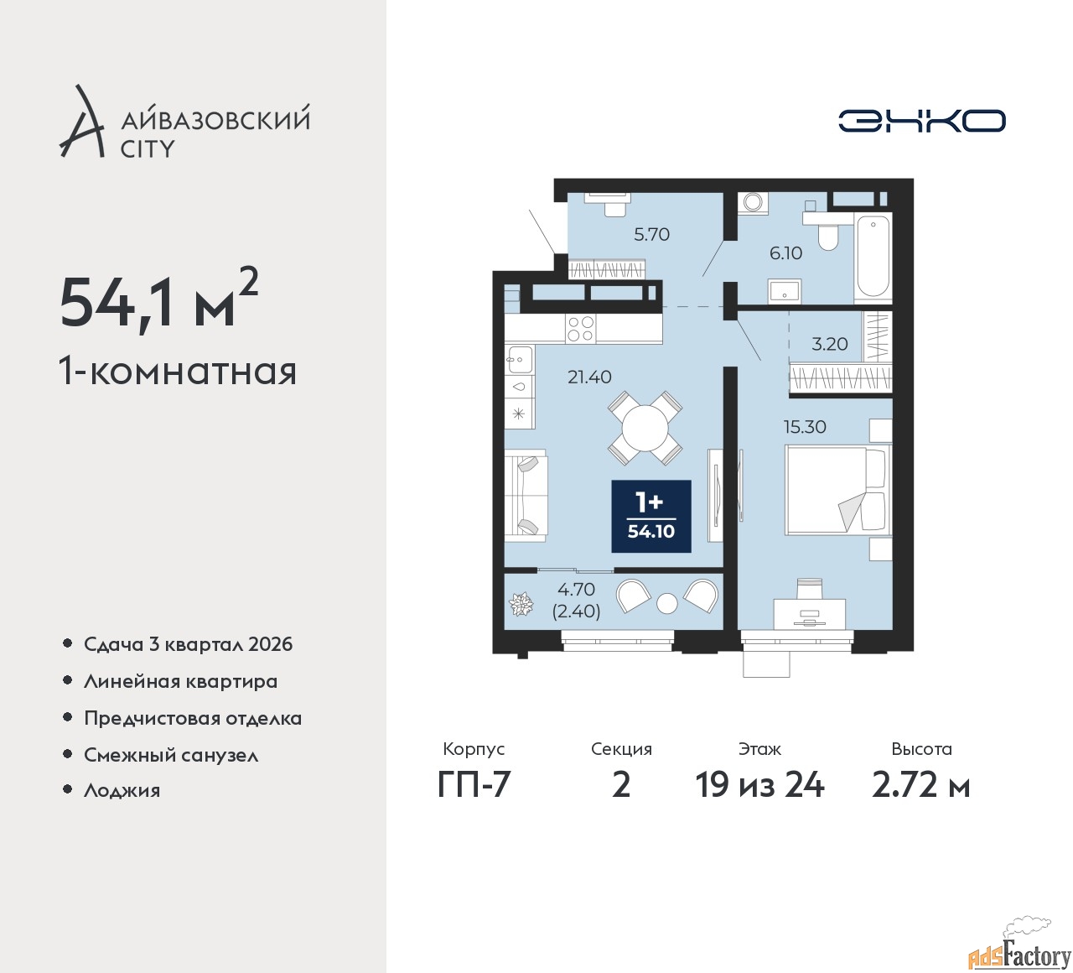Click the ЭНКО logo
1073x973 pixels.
(x=921, y=121)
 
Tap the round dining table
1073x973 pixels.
(x=645, y=429)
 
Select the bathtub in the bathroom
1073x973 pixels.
(x=873, y=257)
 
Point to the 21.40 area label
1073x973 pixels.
(x=589, y=377)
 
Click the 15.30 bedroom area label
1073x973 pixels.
(x=805, y=427)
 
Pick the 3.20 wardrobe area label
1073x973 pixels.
(x=830, y=344)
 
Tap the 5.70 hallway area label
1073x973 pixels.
(x=651, y=235)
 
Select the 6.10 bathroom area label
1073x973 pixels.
(x=785, y=253)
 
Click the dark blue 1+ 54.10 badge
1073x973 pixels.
(x=651, y=516)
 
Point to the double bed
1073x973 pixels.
(x=836, y=490)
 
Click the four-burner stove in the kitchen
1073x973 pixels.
(x=580, y=328)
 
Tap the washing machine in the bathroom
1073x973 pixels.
(x=753, y=202)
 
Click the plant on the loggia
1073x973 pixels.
(x=521, y=604)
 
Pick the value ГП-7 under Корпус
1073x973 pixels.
(x=474, y=785)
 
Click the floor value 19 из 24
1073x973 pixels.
(x=759, y=785)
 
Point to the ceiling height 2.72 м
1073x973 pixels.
(x=920, y=785)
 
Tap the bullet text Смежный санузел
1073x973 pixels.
(x=171, y=755)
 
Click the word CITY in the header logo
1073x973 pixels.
(x=148, y=149)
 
